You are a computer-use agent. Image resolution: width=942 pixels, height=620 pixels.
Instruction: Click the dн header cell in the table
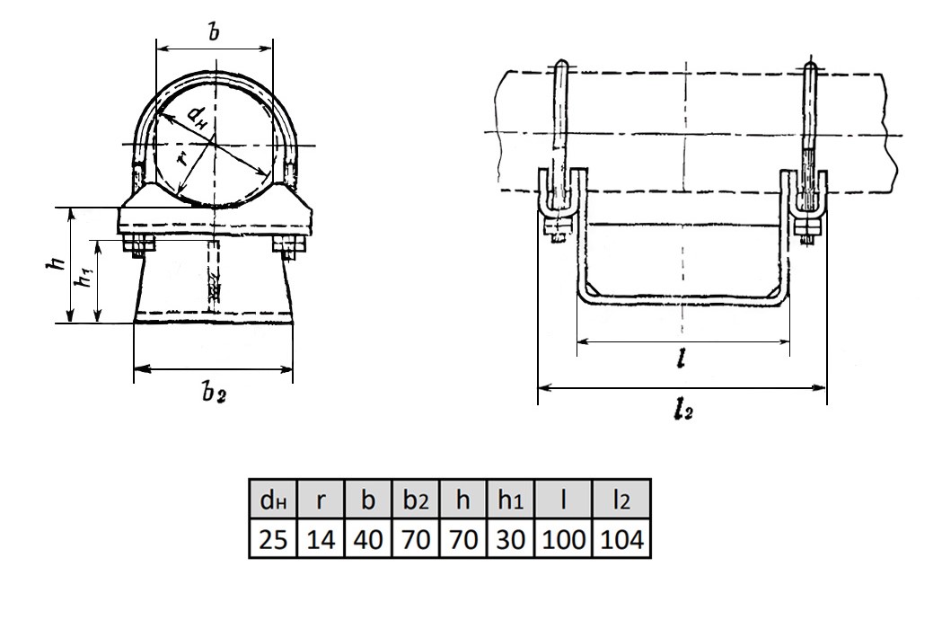pyautogui.click(x=273, y=499)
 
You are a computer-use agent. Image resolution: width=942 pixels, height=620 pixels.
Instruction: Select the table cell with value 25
pyautogui.click(x=273, y=538)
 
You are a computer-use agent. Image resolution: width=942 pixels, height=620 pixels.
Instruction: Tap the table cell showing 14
pyautogui.click(x=321, y=538)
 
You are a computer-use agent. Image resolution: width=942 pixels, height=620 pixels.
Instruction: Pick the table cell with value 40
pyautogui.click(x=368, y=538)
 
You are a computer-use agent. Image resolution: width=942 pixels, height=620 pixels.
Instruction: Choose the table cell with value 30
pyautogui.click(x=510, y=538)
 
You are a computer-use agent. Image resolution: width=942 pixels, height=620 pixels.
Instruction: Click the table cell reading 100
pyautogui.click(x=563, y=538)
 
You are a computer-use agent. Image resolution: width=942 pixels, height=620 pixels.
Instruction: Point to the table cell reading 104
pyautogui.click(x=621, y=538)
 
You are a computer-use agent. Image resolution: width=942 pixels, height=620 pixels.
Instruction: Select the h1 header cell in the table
pyautogui.click(x=510, y=499)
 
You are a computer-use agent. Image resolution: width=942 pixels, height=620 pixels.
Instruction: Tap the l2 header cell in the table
pyautogui.click(x=621, y=499)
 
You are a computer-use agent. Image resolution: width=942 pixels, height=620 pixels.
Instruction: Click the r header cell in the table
pyautogui.click(x=321, y=499)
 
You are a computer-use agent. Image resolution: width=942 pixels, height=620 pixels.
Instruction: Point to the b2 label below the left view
pyautogui.click(x=213, y=393)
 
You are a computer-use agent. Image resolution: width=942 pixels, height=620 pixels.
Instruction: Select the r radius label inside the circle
pyautogui.click(x=183, y=157)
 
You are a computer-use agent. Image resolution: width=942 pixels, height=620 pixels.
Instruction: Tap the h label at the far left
pyautogui.click(x=57, y=262)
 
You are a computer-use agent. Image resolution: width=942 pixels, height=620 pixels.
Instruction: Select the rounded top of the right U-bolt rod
pyautogui.click(x=809, y=63)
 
